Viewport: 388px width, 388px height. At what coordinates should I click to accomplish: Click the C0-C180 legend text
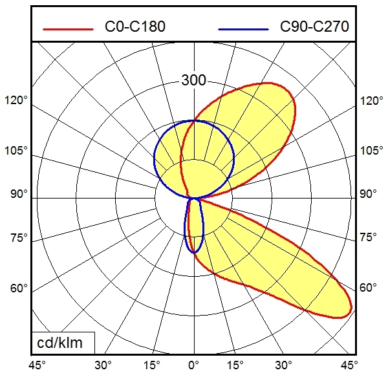click(135, 27)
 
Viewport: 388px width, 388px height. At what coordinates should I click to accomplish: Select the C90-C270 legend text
click(314, 27)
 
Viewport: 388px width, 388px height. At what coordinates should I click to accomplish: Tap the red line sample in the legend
click(68, 28)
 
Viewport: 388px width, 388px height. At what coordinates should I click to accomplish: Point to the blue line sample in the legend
click(243, 28)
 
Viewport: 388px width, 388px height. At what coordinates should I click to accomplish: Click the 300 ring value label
click(193, 81)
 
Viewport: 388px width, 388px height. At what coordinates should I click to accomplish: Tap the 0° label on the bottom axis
click(193, 365)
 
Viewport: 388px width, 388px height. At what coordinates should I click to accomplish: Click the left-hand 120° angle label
click(16, 101)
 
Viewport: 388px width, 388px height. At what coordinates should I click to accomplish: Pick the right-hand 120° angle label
click(371, 101)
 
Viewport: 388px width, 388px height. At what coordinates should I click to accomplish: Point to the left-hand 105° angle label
click(16, 151)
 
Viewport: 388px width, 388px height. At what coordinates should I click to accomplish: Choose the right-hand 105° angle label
click(371, 151)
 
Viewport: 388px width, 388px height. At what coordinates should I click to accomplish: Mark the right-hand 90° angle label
click(369, 194)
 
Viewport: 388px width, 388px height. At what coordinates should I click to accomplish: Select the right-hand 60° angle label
click(369, 288)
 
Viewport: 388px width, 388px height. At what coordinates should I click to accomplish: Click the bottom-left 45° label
click(37, 365)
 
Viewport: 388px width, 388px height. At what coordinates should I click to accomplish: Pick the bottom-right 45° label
click(350, 365)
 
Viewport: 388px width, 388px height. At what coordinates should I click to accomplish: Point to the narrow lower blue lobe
click(194, 226)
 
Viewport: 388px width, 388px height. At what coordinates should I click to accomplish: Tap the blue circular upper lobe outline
click(155, 158)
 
